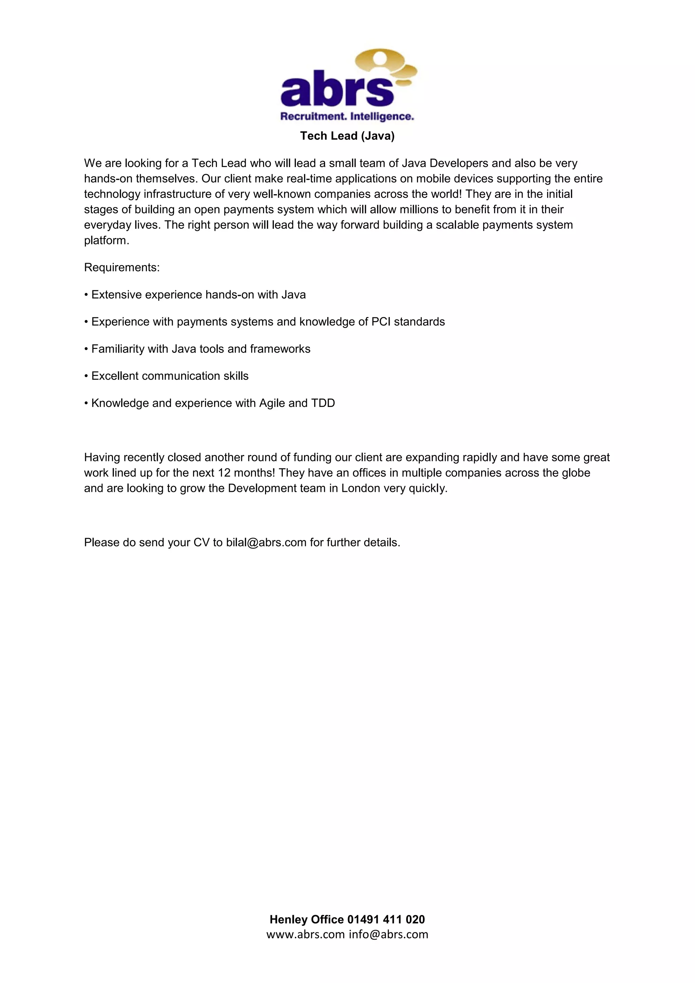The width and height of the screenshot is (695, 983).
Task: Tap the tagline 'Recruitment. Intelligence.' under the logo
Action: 347,116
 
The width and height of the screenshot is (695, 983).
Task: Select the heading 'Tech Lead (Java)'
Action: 347,136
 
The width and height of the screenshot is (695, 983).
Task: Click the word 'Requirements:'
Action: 121,267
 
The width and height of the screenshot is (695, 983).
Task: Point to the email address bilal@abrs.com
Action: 266,542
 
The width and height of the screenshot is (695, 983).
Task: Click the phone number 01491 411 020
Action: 386,919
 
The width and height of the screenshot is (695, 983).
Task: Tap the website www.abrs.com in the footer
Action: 305,934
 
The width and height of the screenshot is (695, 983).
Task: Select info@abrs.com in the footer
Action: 388,934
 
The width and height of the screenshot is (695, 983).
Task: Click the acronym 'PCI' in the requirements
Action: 381,322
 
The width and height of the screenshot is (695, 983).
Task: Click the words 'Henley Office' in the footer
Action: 306,919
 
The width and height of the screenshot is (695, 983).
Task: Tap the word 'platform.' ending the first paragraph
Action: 107,241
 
